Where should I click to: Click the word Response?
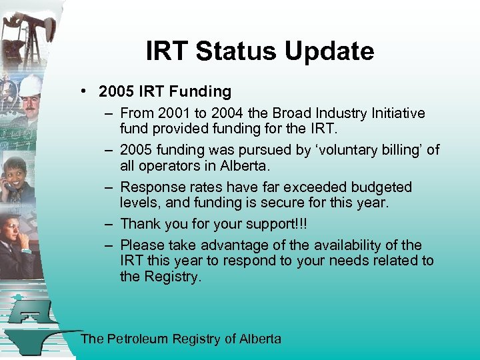[x=150, y=187]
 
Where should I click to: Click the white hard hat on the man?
[x=29, y=85]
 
